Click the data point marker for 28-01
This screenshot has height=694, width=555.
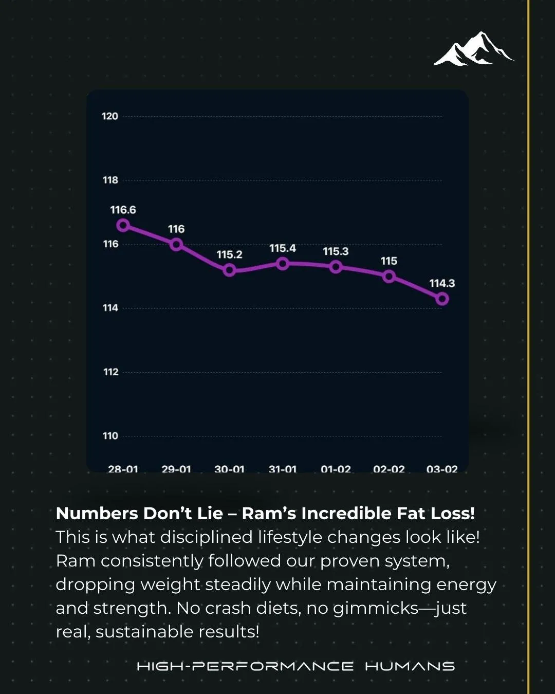pyautogui.click(x=123, y=225)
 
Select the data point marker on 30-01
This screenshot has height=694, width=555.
pyautogui.click(x=229, y=270)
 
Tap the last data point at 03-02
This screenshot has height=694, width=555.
pyautogui.click(x=442, y=299)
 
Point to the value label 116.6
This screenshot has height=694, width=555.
pyautogui.click(x=123, y=210)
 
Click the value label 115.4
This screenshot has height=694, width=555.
pyautogui.click(x=283, y=248)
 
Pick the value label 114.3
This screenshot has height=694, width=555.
pyautogui.click(x=442, y=283)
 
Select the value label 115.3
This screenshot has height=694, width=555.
pyautogui.click(x=336, y=251)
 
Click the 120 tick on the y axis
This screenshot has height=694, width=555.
pyautogui.click(x=110, y=116)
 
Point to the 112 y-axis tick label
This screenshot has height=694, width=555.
pyautogui.click(x=111, y=372)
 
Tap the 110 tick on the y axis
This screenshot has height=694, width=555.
pyautogui.click(x=110, y=436)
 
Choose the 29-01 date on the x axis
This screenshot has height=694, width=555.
pyautogui.click(x=176, y=469)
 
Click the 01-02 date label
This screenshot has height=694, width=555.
pyautogui.click(x=336, y=469)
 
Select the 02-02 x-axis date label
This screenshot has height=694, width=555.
pyautogui.click(x=389, y=469)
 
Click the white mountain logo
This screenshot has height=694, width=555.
pyautogui.click(x=473, y=49)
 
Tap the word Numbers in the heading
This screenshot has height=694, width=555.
pyautogui.click(x=97, y=513)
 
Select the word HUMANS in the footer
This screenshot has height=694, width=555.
pyautogui.click(x=410, y=667)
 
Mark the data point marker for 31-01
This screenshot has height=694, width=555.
pyautogui.click(x=283, y=264)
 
